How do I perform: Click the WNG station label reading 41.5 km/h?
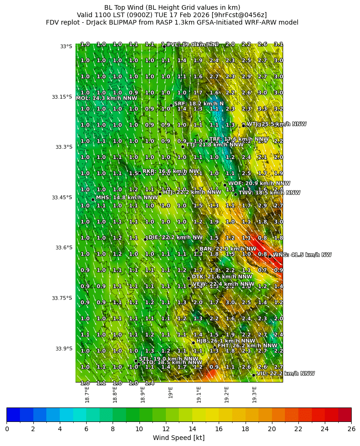pyautogui.click(x=302, y=255)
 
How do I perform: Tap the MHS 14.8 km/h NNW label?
pyautogui.click(x=126, y=198)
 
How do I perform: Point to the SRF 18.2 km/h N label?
pyautogui.click(x=199, y=104)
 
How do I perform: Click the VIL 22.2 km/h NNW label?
pyautogui.click(x=285, y=373)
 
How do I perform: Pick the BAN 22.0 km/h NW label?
pyautogui.click(x=227, y=249)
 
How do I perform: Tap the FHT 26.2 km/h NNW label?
pyautogui.click(x=247, y=345)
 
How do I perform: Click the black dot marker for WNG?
pyautogui.click(x=270, y=256)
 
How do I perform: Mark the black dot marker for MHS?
pyautogui.click(x=93, y=199)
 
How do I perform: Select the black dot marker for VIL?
pyautogui.click(x=253, y=375)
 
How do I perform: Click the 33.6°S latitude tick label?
pyautogui.click(x=62, y=248)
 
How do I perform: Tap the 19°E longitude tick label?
pyautogui.click(x=171, y=392)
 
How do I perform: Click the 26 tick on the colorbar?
pyautogui.click(x=351, y=429)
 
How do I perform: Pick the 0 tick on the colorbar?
pyautogui.click(x=7, y=429)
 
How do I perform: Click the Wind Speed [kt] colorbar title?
pyautogui.click(x=178, y=438)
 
